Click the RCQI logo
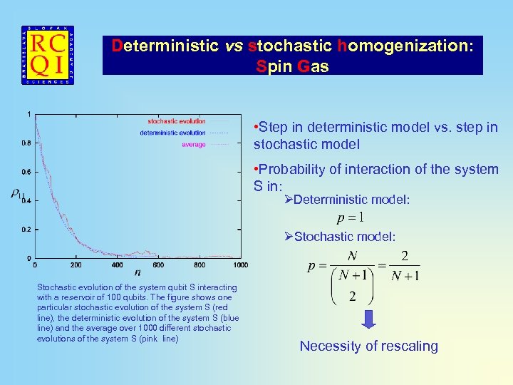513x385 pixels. (x=47, y=56)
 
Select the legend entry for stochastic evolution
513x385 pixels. (x=176, y=121)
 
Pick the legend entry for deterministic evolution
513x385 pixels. (x=172, y=133)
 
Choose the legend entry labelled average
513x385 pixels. (x=193, y=145)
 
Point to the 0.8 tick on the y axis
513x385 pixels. (x=26, y=143)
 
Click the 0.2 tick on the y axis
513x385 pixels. (x=26, y=229)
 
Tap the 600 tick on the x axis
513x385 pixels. (x=157, y=265)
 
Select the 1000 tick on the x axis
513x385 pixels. (x=240, y=265)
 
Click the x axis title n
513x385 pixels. (x=137, y=272)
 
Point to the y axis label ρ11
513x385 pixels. (x=17, y=193)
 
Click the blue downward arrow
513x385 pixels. (x=368, y=319)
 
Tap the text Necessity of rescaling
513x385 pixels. (x=368, y=346)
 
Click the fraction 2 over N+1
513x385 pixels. (x=405, y=266)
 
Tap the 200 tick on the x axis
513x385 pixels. (x=76, y=265)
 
